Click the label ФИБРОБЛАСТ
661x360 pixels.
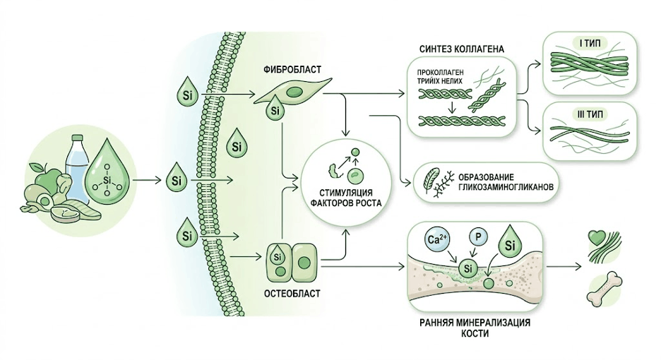(292, 70)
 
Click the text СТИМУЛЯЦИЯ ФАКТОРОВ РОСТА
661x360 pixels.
(346, 198)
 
